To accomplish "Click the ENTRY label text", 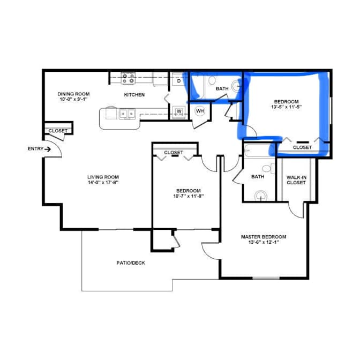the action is click(x=35, y=149).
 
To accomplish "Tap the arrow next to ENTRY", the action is click(x=48, y=149).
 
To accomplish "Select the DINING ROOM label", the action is click(x=73, y=94).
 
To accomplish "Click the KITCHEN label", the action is click(x=134, y=95).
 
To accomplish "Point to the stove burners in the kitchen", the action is click(x=129, y=78).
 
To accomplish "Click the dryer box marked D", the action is click(x=179, y=81).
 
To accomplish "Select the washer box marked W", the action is click(x=179, y=111).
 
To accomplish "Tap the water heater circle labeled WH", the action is click(x=200, y=111).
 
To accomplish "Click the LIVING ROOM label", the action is click(x=103, y=177).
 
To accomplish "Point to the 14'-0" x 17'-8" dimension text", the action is click(x=103, y=183).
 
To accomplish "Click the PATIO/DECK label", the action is click(x=131, y=263).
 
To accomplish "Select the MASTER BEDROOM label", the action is click(x=264, y=237).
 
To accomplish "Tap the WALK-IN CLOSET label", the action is click(x=296, y=180).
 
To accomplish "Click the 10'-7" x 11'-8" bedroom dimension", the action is click(x=189, y=196).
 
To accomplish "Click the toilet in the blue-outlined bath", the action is click(x=212, y=80).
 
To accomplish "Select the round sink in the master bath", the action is click(x=261, y=196).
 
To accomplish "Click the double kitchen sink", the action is click(x=127, y=114).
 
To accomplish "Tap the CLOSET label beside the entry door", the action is click(x=58, y=131).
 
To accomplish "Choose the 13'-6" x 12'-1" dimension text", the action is click(x=264, y=242).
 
